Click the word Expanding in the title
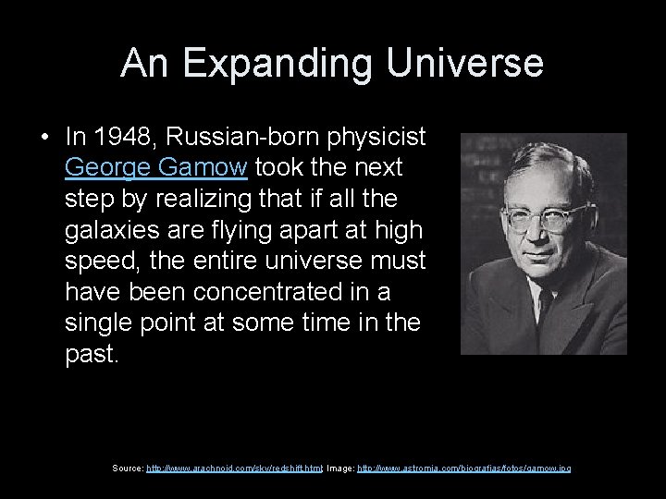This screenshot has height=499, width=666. pyautogui.click(x=282, y=63)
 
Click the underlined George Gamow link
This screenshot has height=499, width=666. pyautogui.click(x=156, y=168)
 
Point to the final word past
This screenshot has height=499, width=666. pyautogui.click(x=91, y=356)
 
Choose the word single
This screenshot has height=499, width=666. pyautogui.click(x=95, y=324)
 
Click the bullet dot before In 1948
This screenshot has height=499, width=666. pyautogui.click(x=44, y=139)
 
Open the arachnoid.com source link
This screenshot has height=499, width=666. pyautogui.click(x=234, y=469)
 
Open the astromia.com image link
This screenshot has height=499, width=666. pyautogui.click(x=464, y=469)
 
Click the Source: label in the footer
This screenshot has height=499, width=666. pyautogui.click(x=128, y=469)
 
